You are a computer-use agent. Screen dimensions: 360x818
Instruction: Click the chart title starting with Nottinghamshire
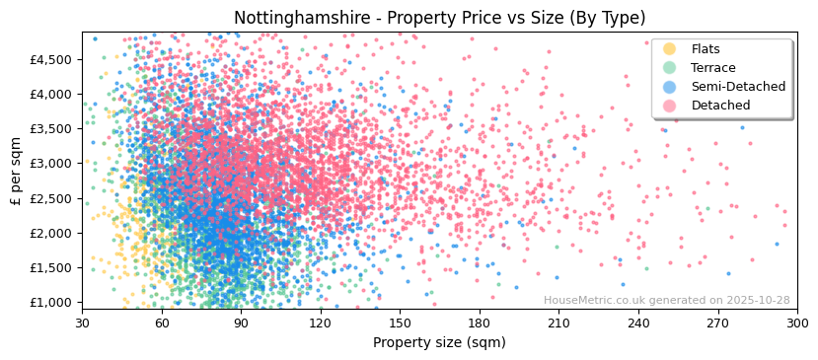439,18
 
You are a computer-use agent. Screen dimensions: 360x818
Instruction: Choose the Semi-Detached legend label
738,87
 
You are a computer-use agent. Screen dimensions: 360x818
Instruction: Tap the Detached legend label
720,106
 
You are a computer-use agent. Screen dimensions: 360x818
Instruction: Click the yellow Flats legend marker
670,49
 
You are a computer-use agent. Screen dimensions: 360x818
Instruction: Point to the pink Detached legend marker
670,106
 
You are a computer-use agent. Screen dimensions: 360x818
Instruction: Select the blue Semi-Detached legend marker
670,87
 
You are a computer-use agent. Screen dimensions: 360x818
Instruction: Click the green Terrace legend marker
670,68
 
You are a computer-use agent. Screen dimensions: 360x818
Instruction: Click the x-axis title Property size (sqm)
439,343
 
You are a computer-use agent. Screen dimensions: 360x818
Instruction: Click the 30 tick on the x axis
83,324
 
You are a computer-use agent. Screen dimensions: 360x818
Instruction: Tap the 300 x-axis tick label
796,324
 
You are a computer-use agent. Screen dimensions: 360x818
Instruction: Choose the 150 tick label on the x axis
400,324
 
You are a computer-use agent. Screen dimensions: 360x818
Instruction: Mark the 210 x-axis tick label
558,324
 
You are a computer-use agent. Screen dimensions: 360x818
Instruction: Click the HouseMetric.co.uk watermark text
666,301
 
